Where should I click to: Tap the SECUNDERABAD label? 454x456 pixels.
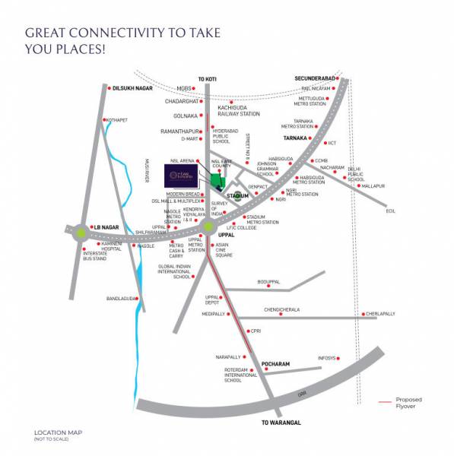coord(314,78)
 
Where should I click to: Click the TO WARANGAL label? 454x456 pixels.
coord(281,422)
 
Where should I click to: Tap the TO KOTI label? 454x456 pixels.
coord(208,79)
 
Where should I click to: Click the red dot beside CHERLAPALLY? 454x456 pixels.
coord(363,313)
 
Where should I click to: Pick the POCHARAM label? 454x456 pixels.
coord(276,364)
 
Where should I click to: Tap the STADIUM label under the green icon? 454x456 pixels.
coord(238,195)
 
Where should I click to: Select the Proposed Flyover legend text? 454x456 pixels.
coord(408,402)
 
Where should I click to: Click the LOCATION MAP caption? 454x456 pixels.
coord(58,432)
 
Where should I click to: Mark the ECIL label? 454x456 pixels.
coord(391,211)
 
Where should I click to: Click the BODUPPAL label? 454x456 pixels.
coord(269,281)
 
